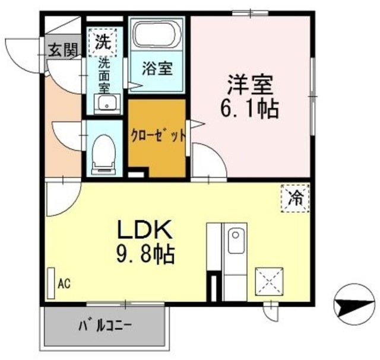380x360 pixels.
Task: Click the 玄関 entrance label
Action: pyautogui.click(x=61, y=50)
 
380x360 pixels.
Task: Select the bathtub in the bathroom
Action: pyautogui.click(x=156, y=36)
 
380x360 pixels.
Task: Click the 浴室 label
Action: pyautogui.click(x=157, y=68)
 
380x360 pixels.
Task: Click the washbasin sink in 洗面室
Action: pyautogui.click(x=107, y=106)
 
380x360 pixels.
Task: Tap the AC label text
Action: pyautogui.click(x=64, y=284)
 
